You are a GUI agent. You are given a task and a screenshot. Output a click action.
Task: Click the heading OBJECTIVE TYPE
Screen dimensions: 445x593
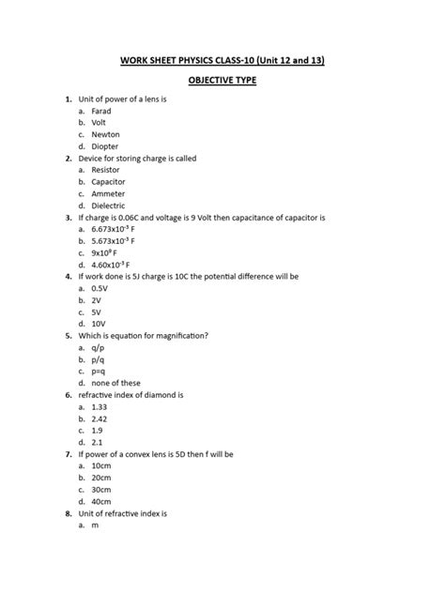click(222, 81)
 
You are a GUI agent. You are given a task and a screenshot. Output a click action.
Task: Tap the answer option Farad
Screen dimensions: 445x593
click(101, 111)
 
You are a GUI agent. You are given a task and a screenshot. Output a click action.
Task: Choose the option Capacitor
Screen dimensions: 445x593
click(109, 182)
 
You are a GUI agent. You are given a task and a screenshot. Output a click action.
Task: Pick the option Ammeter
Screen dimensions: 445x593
click(109, 193)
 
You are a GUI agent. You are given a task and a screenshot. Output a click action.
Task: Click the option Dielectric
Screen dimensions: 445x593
click(109, 205)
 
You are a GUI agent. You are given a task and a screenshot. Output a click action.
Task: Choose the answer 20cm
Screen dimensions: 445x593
click(102, 478)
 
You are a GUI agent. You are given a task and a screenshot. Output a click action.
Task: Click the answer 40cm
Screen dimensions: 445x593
click(102, 501)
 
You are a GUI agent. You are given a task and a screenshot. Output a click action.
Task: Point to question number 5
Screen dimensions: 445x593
click(68, 336)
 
